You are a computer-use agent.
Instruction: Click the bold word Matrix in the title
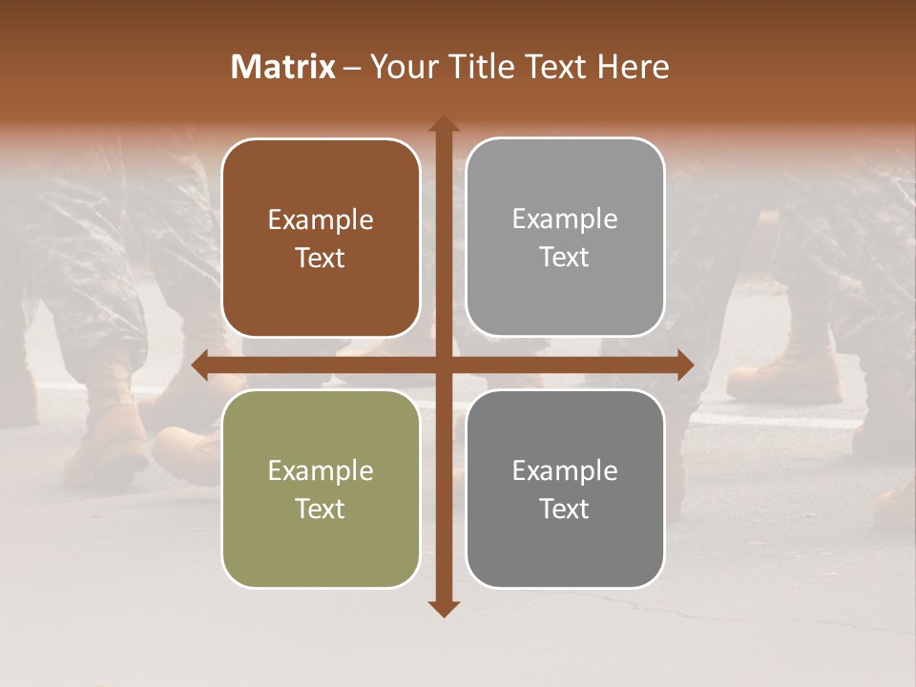(x=283, y=67)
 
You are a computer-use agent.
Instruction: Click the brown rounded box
(x=321, y=238)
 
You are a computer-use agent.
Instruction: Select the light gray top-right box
(x=565, y=238)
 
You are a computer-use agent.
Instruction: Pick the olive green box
(x=321, y=489)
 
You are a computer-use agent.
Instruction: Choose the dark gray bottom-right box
(x=565, y=489)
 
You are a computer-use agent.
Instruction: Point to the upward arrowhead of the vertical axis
(x=443, y=124)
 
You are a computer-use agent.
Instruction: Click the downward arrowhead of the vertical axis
(x=443, y=608)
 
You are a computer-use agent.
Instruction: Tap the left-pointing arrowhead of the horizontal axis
(x=200, y=364)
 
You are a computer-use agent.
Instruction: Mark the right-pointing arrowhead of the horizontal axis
(x=685, y=364)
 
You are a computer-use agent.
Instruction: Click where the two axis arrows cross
(x=443, y=364)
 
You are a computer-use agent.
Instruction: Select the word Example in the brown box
(x=321, y=220)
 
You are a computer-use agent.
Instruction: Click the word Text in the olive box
(x=321, y=509)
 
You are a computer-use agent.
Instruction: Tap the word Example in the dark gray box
(x=565, y=470)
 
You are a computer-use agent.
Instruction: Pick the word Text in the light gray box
(x=565, y=258)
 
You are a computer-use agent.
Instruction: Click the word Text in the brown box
(x=321, y=259)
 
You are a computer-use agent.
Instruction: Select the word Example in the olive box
(x=321, y=470)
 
